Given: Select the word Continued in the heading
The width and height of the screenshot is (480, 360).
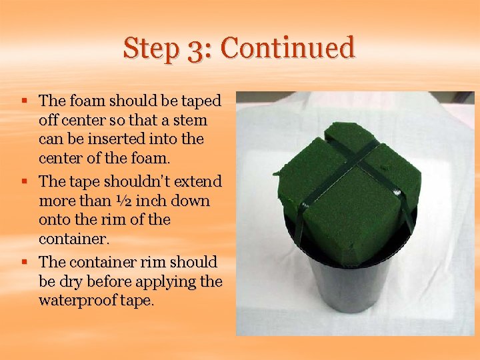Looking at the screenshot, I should click(x=288, y=49).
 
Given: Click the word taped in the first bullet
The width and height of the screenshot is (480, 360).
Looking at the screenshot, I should click(x=202, y=101).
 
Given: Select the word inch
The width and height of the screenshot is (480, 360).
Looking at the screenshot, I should click(x=161, y=201).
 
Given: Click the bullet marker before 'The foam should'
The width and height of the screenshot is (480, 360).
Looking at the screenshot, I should click(x=23, y=101).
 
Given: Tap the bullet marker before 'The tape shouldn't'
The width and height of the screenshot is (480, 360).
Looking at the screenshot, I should click(x=23, y=181).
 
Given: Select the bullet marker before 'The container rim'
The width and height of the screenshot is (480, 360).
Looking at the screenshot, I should click(x=23, y=261).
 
